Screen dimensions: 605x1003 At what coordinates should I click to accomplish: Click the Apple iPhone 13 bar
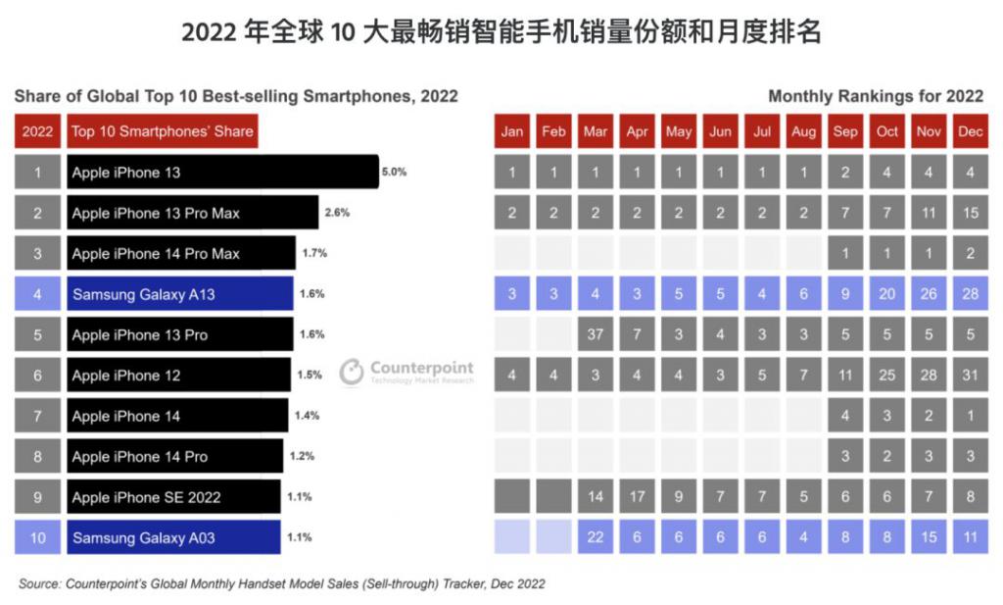click(222, 173)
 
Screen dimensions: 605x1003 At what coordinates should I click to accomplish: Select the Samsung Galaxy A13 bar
click(180, 293)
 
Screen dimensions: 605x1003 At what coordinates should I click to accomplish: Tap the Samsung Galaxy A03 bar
click(173, 537)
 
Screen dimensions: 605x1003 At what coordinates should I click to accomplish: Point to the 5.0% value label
click(394, 172)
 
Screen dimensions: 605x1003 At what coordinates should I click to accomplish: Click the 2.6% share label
click(337, 212)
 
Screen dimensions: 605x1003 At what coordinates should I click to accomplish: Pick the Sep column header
click(845, 131)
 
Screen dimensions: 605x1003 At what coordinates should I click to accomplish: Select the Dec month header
click(970, 131)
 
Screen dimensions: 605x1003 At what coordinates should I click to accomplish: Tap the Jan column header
click(511, 131)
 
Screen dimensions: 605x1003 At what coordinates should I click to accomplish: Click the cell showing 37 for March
click(595, 334)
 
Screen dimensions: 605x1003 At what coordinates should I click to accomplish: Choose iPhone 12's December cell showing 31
click(970, 376)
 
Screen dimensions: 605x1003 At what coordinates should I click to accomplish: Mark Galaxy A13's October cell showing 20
click(887, 293)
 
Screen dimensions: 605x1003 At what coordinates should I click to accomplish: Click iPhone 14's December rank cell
click(970, 416)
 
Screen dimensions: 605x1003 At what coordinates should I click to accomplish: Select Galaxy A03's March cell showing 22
click(595, 537)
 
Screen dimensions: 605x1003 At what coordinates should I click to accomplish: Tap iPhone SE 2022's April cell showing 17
click(637, 496)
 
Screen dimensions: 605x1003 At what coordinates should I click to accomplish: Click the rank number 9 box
click(37, 497)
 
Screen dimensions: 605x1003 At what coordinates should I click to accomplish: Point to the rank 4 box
click(37, 293)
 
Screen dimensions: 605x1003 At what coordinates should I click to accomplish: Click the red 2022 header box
click(37, 131)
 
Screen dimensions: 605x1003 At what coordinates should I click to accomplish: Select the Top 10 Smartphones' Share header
click(163, 131)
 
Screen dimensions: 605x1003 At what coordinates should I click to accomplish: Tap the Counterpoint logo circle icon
click(352, 373)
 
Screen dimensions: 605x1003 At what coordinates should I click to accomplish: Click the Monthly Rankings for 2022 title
click(876, 96)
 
